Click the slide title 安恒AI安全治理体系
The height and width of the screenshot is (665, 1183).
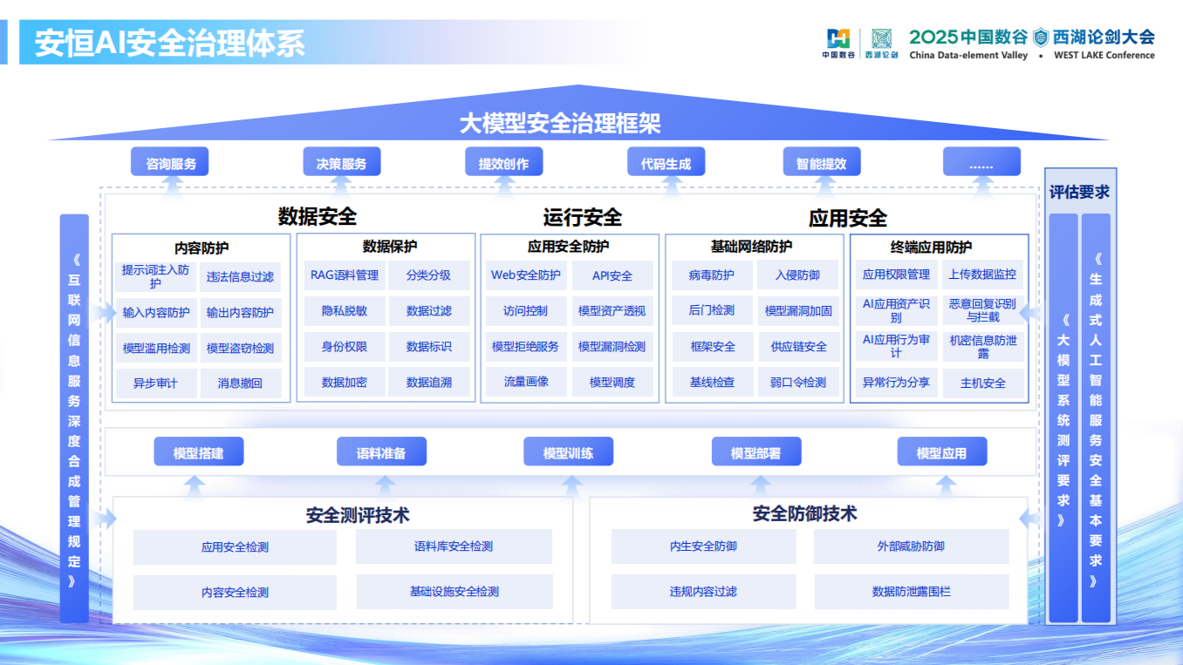coord(170,43)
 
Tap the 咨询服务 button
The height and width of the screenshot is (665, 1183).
coord(171,163)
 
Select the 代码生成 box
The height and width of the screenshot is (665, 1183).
coord(666,163)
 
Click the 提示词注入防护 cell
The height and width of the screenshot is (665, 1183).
coord(155,276)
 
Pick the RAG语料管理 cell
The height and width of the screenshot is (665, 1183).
coord(345,275)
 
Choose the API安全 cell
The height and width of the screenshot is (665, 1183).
coord(612,275)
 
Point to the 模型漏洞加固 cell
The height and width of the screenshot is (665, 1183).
coord(798,310)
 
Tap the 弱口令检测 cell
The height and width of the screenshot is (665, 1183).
coord(798,382)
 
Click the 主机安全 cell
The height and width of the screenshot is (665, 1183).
coord(983,383)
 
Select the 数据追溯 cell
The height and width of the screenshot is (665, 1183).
coord(429,382)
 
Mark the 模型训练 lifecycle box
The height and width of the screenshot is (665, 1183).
coord(568,452)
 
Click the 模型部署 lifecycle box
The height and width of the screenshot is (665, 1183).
coord(756,452)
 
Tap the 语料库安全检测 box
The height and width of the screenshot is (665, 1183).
coord(454,546)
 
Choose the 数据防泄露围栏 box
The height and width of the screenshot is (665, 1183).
coord(912,591)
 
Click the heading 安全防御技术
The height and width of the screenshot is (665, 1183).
coord(804,513)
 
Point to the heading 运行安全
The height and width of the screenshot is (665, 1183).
coord(583,217)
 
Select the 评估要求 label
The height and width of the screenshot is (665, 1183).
coord(1079,192)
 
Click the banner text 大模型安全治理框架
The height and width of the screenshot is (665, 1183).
coord(560,123)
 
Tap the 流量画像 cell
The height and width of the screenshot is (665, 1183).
coord(526,382)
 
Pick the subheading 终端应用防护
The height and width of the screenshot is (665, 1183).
coord(931,247)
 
